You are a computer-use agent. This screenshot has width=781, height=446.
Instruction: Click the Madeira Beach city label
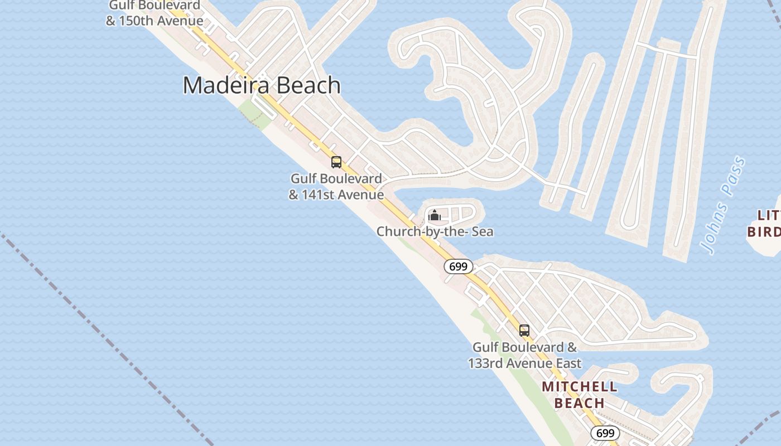262,85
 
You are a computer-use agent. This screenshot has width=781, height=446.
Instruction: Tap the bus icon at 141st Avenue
336,162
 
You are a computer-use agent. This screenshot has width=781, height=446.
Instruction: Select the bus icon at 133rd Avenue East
524,330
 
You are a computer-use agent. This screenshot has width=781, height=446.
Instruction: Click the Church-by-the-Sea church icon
434,215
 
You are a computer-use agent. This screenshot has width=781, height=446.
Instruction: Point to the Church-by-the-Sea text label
435,231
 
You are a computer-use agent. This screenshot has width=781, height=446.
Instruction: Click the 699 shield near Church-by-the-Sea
458,266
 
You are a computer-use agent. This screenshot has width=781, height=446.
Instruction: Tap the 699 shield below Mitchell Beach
605,433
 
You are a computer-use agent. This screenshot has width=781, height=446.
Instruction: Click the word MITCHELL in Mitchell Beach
580,387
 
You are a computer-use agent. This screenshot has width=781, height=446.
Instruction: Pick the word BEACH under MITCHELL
580,403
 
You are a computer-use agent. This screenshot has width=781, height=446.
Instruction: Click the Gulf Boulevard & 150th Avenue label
155,13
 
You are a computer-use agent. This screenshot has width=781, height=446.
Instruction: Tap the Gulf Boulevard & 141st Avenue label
336,187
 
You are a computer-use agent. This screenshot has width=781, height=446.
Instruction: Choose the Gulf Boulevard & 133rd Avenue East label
524,355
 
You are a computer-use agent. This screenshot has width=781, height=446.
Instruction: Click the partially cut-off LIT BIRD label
765,223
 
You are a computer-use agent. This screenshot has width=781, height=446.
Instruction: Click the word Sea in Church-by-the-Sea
483,231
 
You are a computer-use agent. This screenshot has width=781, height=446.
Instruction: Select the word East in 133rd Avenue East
568,363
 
